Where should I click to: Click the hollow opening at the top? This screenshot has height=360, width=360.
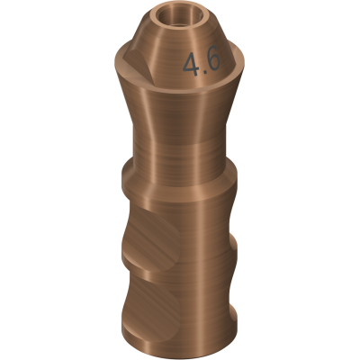click(180, 17)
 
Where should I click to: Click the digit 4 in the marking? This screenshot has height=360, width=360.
click(191, 64)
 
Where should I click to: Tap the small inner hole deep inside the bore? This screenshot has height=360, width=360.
click(180, 23)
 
